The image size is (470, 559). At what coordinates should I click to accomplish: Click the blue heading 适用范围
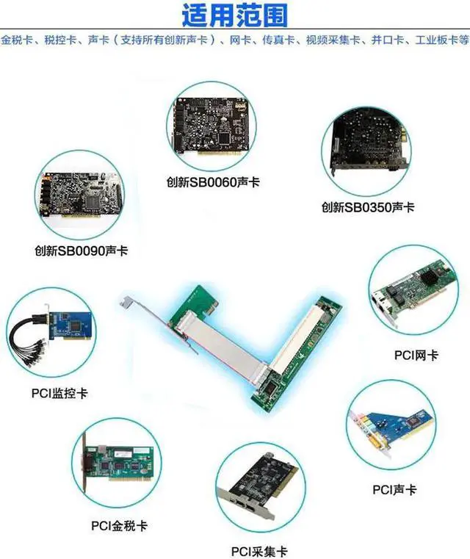[234, 15]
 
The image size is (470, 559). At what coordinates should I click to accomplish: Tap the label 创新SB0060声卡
[213, 182]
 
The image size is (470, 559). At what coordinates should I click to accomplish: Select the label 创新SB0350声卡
[368, 206]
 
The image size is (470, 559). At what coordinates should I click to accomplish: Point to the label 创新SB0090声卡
[81, 250]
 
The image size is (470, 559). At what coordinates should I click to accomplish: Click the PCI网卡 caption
[416, 355]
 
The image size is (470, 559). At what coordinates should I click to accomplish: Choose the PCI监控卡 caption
[59, 393]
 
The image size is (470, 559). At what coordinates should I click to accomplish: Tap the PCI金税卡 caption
[119, 526]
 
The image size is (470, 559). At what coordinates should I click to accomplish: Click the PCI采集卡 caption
[259, 552]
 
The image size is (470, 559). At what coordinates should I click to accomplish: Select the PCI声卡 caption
[394, 489]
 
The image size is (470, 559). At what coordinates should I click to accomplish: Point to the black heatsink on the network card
[432, 276]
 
